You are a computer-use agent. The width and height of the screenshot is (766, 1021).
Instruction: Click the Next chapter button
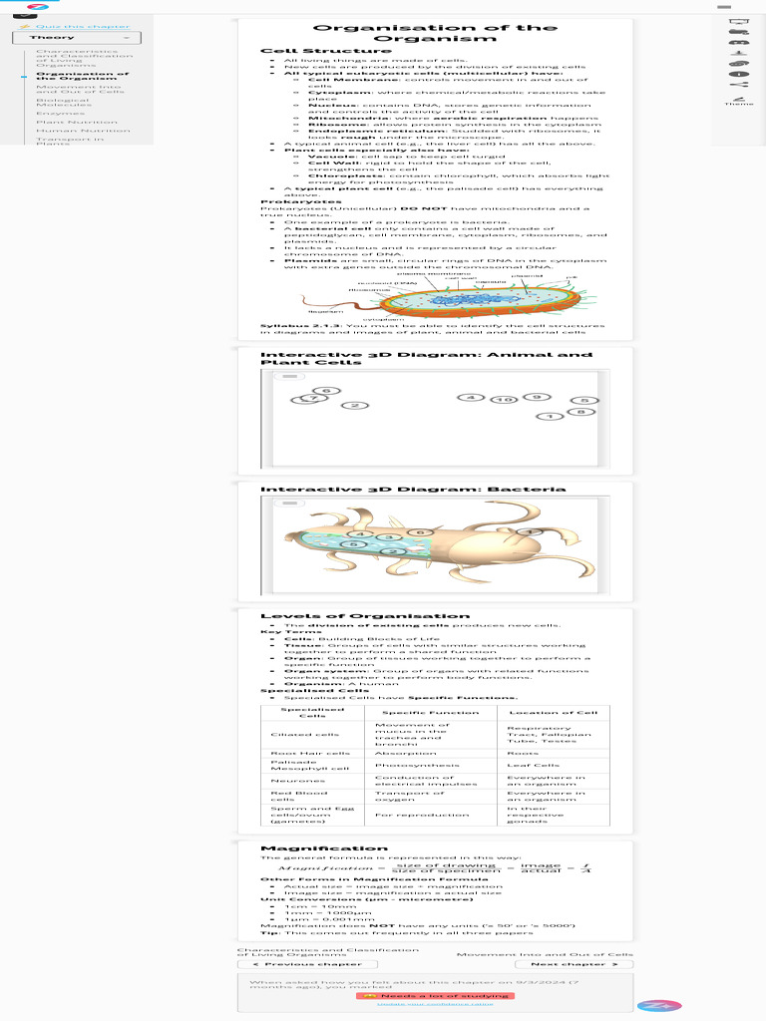(x=580, y=964)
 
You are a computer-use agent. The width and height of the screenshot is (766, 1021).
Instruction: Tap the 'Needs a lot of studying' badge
(x=434, y=995)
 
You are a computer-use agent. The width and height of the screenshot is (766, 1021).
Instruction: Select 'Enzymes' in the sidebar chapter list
(x=54, y=113)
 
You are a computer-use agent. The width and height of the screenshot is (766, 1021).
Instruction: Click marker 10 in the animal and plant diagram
(x=505, y=399)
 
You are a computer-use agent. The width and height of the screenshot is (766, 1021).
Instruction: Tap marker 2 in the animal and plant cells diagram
(x=354, y=405)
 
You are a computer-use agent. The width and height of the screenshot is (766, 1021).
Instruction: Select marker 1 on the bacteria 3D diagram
(x=529, y=532)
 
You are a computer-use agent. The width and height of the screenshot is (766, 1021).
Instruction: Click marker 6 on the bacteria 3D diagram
(x=421, y=532)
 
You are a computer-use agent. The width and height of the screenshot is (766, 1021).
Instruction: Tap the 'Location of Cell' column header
(x=554, y=712)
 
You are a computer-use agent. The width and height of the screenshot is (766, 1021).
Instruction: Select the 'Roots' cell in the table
(x=523, y=754)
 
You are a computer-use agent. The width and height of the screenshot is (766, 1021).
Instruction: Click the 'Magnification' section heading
(x=310, y=849)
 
